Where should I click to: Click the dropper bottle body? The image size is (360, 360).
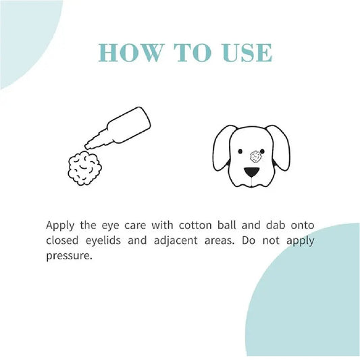tap(128, 125)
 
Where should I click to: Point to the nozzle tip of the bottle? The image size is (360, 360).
tap(86, 147)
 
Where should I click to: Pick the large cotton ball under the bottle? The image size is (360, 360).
tap(84, 168)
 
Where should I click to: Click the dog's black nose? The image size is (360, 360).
tap(252, 172)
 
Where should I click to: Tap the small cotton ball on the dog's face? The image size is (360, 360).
tap(256, 156)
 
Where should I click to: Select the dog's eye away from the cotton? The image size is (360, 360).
tap(240, 151)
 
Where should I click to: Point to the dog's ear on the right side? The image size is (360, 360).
tap(279, 147)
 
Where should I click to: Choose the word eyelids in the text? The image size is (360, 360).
tap(103, 240)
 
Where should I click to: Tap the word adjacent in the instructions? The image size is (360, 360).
tap(176, 240)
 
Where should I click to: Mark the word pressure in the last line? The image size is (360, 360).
tap(69, 256)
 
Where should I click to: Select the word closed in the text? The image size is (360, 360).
tap(62, 240)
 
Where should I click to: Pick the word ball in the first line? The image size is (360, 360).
tap(227, 225)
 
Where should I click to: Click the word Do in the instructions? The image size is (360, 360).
tap(249, 240)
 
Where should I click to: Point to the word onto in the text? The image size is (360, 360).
tap(303, 225)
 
